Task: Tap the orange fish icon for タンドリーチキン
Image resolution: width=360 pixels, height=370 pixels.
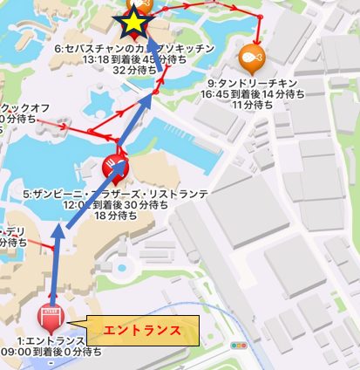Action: click(251, 58)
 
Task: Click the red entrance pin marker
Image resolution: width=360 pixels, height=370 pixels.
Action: click(49, 315)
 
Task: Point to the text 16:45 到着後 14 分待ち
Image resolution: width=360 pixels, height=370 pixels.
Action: click(253, 92)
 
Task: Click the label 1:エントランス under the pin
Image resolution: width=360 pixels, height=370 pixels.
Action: click(51, 340)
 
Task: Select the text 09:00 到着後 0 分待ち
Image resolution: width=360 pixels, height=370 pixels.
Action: click(52, 352)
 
